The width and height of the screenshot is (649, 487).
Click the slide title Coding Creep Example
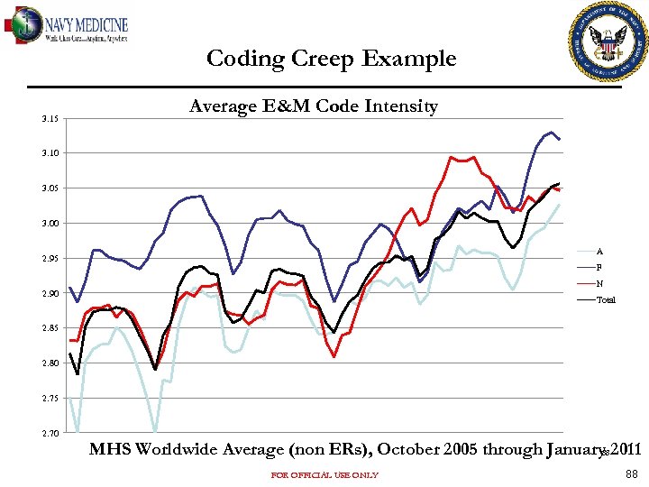331,60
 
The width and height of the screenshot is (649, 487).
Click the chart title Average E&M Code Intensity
313,107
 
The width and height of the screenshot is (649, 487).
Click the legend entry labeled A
599,252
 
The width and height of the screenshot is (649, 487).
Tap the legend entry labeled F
599,268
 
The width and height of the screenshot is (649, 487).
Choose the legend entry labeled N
599,284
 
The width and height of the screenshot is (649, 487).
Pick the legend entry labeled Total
605,300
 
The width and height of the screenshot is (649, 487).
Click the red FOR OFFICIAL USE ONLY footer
324,475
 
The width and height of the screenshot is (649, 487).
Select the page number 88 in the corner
630,474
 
